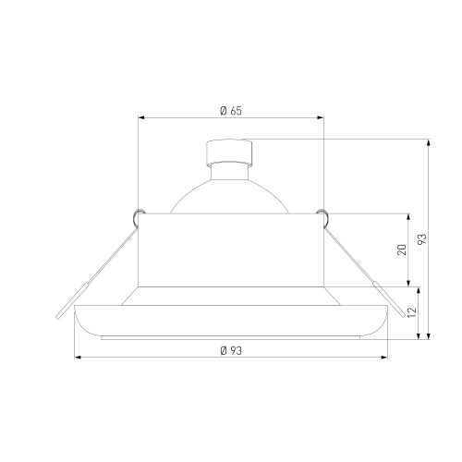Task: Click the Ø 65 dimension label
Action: point(231,111)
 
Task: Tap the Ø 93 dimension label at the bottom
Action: point(231,350)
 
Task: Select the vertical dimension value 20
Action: point(402,249)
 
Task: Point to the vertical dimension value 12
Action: point(412,312)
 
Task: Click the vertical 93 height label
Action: point(422,239)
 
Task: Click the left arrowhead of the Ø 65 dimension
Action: point(141,117)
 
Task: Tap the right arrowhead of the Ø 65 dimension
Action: point(321,117)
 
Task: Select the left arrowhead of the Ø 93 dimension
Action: point(78,358)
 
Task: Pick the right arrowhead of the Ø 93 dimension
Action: point(384,358)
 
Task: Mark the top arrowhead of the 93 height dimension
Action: point(429,142)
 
